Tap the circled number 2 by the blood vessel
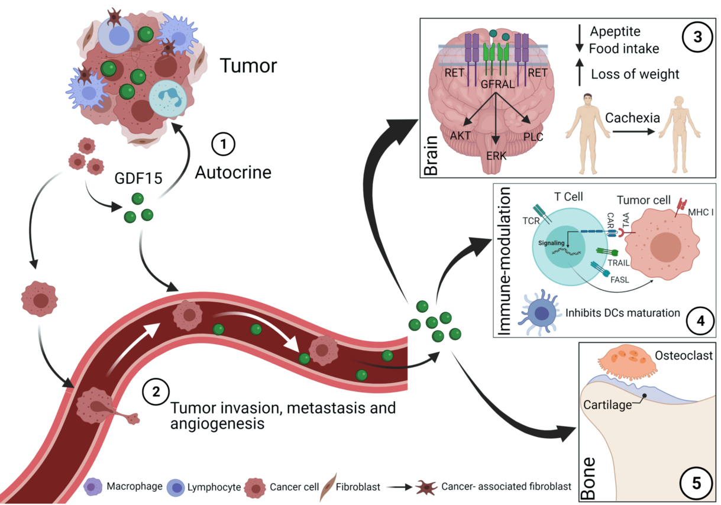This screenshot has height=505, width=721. (x=156, y=391)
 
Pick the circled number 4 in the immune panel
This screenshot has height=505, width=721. (x=700, y=322)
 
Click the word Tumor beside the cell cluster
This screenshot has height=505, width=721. (x=248, y=65)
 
